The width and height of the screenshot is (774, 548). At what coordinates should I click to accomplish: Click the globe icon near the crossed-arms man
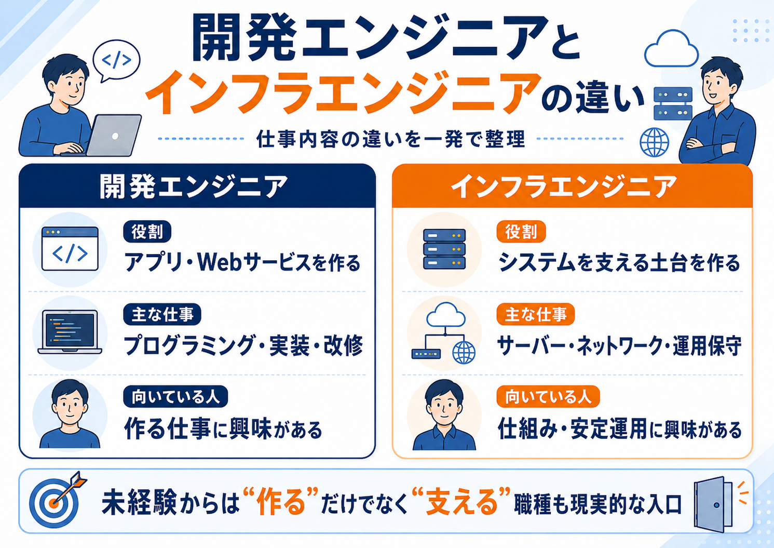(x=654, y=142)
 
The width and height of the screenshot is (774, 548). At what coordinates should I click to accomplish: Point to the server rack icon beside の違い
(x=673, y=103)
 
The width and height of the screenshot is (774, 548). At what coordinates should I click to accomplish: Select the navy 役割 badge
(x=147, y=231)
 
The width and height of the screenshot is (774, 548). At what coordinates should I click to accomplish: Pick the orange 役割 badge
(x=521, y=231)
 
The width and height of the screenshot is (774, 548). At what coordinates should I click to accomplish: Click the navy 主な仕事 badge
(x=162, y=314)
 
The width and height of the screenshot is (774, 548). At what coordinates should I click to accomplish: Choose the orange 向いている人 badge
(x=548, y=396)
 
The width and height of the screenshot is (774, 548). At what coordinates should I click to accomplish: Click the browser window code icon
(x=70, y=249)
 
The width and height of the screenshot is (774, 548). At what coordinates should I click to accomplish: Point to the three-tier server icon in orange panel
(x=444, y=249)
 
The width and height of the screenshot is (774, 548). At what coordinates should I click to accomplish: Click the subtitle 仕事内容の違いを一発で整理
(x=391, y=139)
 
